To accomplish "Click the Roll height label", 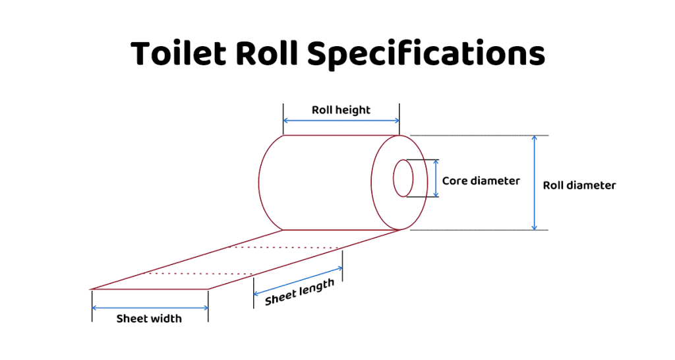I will click(341, 109).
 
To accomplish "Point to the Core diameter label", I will click(481, 181).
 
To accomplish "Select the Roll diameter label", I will click(579, 185).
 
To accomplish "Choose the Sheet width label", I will click(149, 318).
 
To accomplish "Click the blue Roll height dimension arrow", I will click(341, 121).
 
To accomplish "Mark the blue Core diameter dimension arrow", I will click(436, 178).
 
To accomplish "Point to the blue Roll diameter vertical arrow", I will click(535, 183).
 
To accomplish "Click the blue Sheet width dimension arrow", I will click(150, 308).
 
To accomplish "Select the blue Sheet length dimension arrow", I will click(298, 280).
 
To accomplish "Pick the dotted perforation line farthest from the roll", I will click(198, 273).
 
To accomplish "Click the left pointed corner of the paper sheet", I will click(93, 288).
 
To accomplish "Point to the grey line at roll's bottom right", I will click(475, 230).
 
